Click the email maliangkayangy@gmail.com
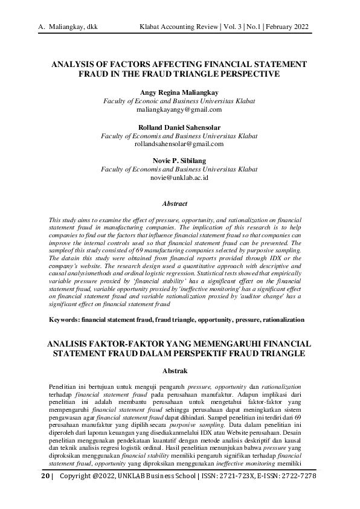point(179,110)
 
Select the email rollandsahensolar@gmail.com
point(179,144)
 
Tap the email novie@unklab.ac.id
point(179,178)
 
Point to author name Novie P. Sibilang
point(179,161)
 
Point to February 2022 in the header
point(291,27)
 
